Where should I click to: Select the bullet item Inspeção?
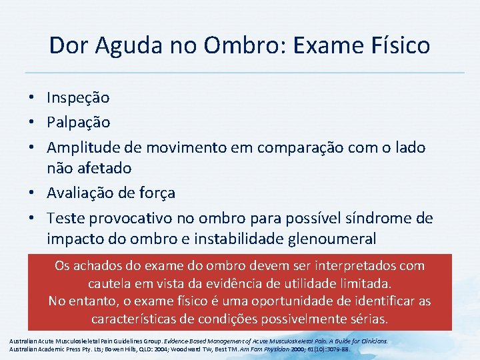coord(78,98)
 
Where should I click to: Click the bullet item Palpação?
coord(78,123)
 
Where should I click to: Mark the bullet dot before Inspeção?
coord(32,99)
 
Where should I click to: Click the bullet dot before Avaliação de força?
coord(32,194)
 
